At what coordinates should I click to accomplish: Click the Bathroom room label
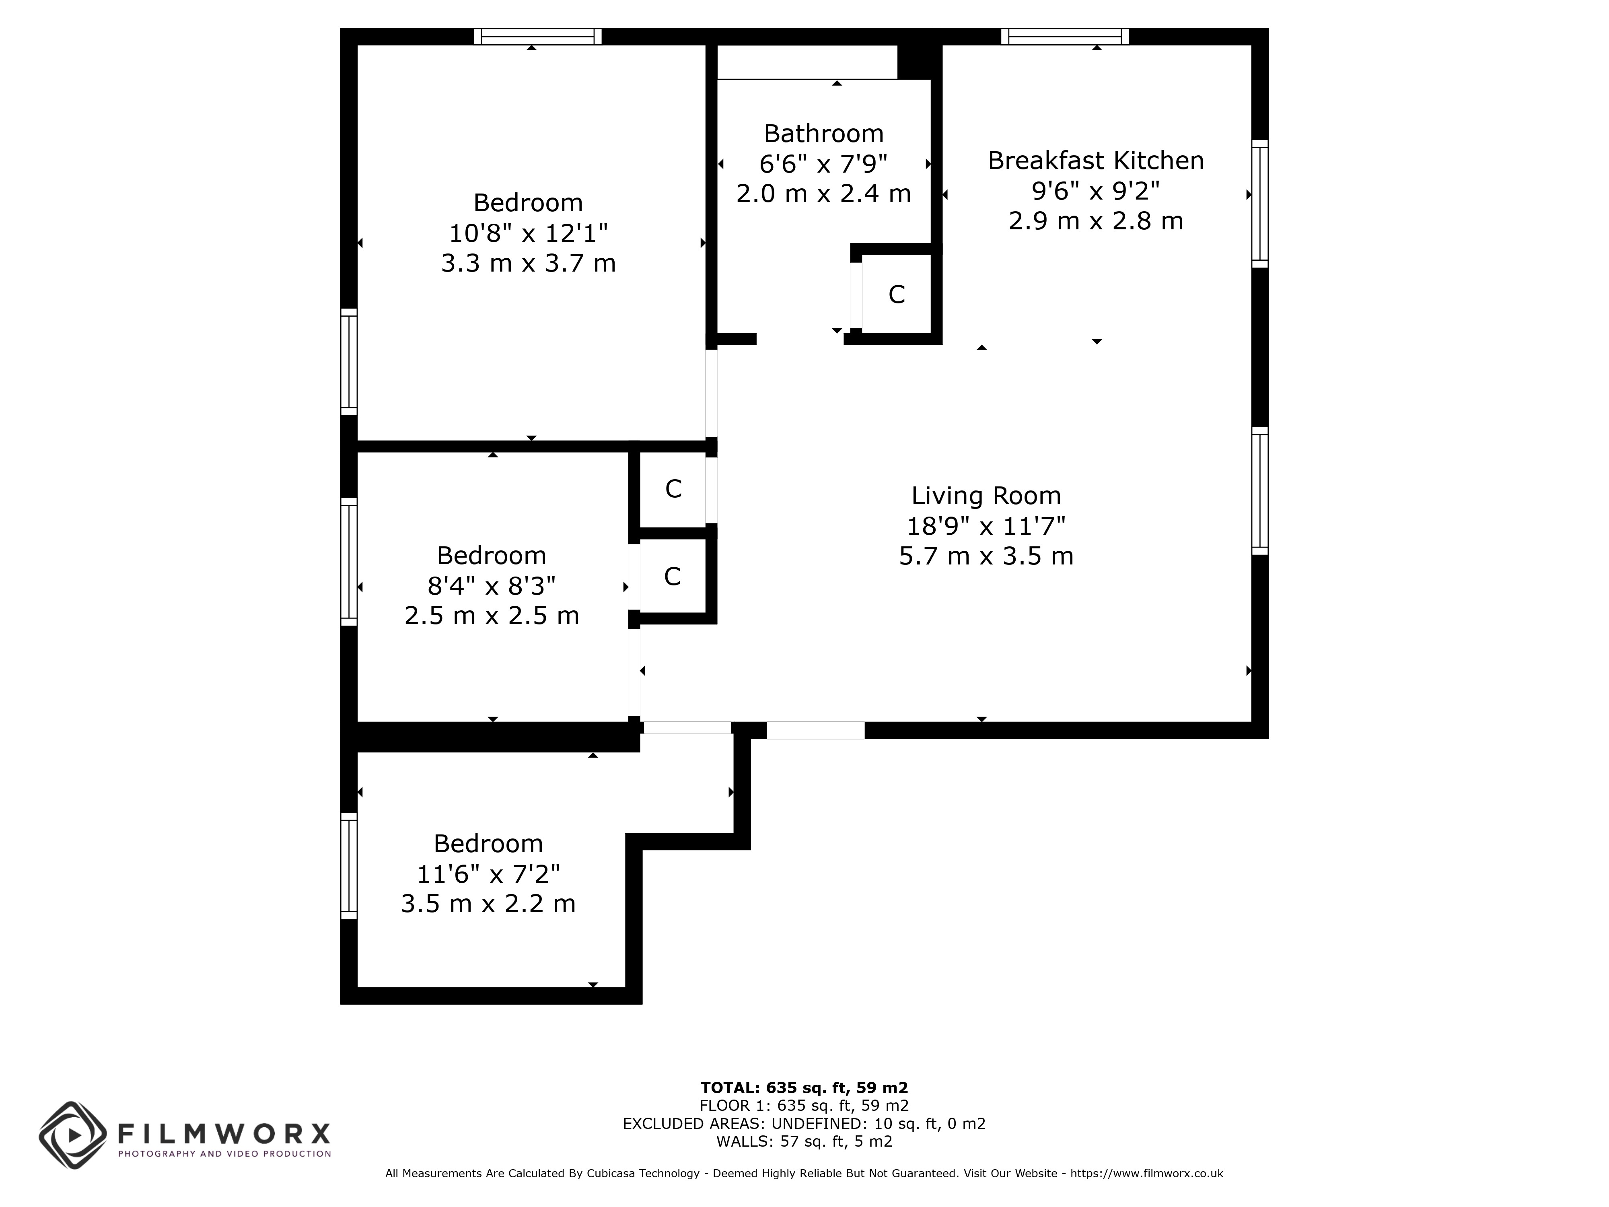(x=823, y=134)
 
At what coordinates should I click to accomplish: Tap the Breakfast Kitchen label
(x=1095, y=161)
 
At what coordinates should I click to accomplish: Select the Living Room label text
(x=986, y=496)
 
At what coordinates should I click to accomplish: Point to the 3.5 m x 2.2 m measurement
(x=488, y=904)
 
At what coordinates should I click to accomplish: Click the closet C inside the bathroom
(x=896, y=295)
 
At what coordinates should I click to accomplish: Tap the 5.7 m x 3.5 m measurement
(x=986, y=556)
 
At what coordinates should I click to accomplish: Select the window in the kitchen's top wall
(x=1065, y=36)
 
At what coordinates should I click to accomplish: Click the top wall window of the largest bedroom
(x=537, y=36)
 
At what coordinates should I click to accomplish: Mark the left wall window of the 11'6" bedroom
(x=349, y=866)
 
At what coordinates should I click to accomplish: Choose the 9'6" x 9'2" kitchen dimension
(x=1095, y=191)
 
